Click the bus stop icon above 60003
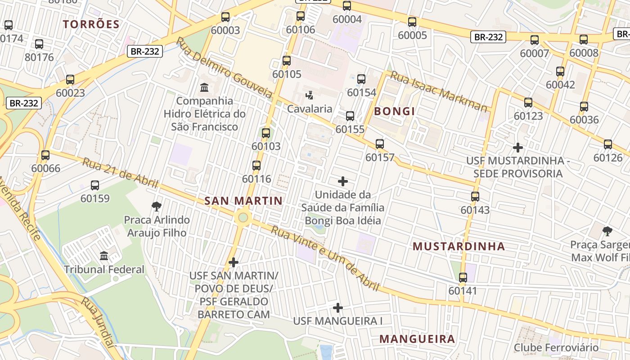[x=225, y=17]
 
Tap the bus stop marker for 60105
[x=287, y=61]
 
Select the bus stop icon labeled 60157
[x=380, y=144]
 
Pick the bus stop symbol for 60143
[x=475, y=197]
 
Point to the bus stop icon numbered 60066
[x=45, y=155]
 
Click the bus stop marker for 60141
[x=463, y=278]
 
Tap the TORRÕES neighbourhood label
[x=91, y=24]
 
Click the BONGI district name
[x=394, y=111]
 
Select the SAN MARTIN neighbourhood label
[x=243, y=201]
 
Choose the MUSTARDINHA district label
[x=459, y=246]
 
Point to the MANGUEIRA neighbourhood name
[x=417, y=339]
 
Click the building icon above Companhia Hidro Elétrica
[x=204, y=87]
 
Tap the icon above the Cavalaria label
[x=310, y=95]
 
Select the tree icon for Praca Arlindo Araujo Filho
[x=157, y=207]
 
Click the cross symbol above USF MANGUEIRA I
[x=338, y=308]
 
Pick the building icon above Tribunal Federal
[x=104, y=256]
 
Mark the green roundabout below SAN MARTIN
[x=243, y=218]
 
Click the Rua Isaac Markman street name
[x=438, y=91]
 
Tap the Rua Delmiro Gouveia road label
[x=224, y=67]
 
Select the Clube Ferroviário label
[x=556, y=347]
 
